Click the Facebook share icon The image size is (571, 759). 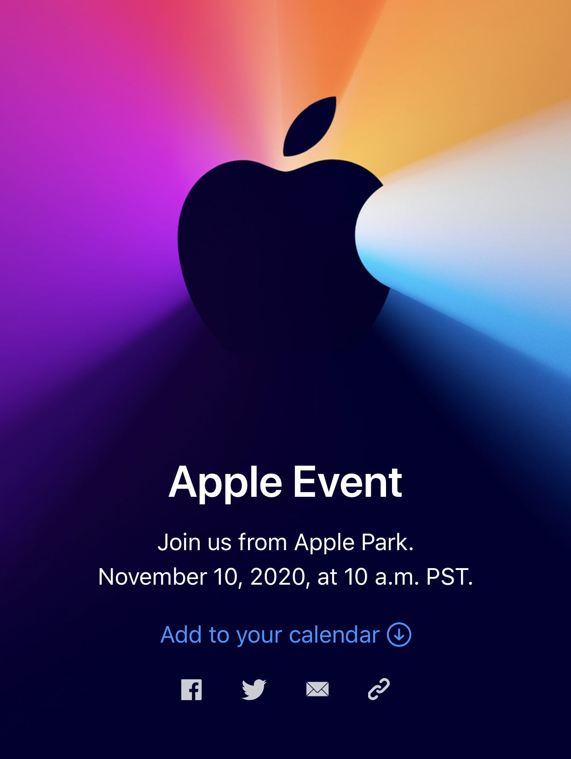191,690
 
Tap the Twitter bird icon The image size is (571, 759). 254,690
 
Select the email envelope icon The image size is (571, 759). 317,689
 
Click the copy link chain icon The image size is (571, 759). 379,689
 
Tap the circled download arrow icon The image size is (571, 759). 399,634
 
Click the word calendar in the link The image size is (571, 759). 334,634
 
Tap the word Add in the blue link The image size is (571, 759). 181,634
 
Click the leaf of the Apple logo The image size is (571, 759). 310,126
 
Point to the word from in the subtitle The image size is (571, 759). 263,542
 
